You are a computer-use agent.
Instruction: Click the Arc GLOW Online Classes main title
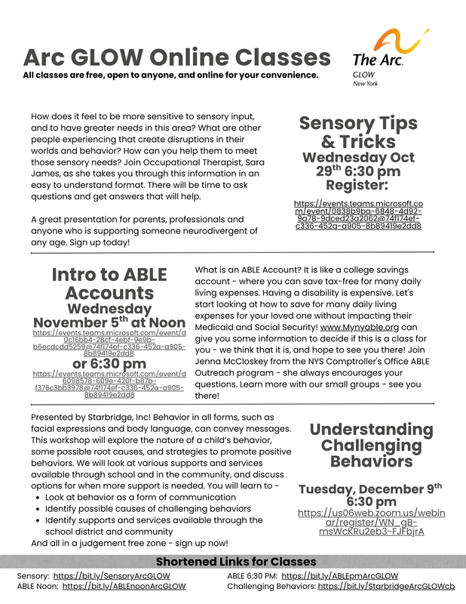pos(176,57)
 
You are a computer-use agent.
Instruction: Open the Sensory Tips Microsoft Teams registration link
pos(357,214)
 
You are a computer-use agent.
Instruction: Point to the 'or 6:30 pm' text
pos(109,364)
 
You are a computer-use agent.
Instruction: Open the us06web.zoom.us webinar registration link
pos(360,522)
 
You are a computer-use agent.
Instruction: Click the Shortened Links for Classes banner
pos(235,562)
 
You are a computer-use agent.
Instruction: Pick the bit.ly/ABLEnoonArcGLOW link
pos(124,586)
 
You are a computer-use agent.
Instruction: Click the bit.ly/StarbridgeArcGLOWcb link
pos(386,586)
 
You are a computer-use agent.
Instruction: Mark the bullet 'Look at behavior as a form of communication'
pos(140,498)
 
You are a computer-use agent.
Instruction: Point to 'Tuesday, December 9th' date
pos(369,488)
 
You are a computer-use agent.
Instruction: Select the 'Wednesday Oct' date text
pos(359,157)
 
